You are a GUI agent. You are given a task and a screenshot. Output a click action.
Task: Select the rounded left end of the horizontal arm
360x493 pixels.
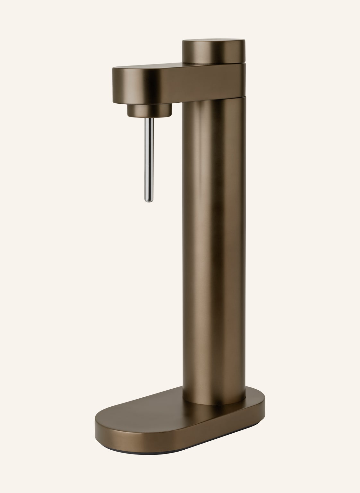120,83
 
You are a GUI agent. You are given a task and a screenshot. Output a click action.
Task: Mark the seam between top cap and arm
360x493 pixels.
214,63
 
